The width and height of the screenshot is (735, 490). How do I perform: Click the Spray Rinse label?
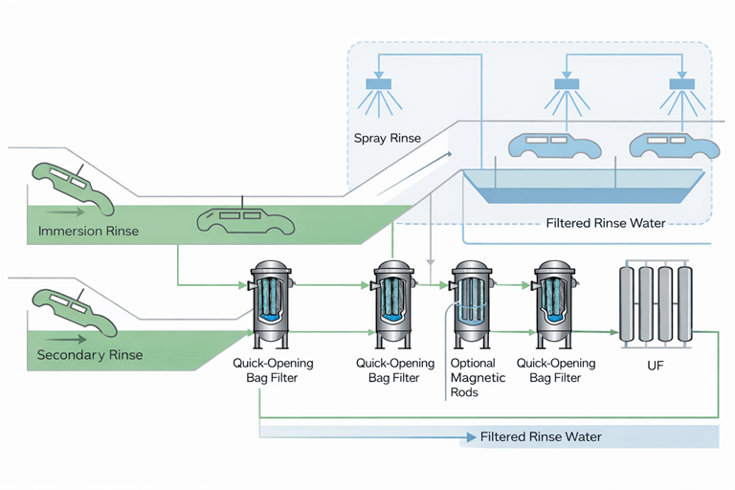(x=387, y=139)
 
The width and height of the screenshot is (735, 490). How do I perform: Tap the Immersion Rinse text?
(x=88, y=231)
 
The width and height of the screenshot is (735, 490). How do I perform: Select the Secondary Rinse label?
(x=89, y=355)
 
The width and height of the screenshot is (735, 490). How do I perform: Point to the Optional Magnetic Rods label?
(x=473, y=377)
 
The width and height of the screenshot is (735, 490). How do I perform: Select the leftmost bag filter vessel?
(x=272, y=303)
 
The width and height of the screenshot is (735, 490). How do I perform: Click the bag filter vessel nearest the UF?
(x=555, y=303)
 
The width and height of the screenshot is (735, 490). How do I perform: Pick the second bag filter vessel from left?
(x=393, y=303)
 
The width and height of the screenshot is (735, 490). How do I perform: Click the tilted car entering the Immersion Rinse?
(x=72, y=187)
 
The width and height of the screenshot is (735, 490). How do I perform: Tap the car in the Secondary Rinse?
(x=72, y=311)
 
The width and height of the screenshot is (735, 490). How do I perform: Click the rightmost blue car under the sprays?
(x=673, y=145)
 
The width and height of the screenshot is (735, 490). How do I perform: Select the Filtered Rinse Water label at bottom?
(x=541, y=436)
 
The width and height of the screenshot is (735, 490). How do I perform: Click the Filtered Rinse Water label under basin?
(x=605, y=223)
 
